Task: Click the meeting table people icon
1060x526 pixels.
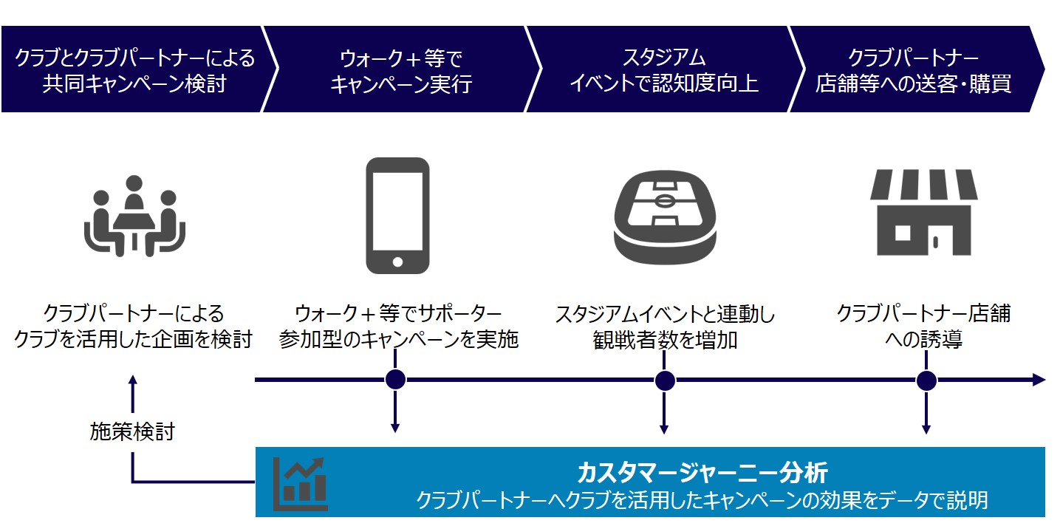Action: [134, 215]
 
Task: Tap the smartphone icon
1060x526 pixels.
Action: [397, 215]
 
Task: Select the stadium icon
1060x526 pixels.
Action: [666, 215]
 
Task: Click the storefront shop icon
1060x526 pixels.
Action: [923, 213]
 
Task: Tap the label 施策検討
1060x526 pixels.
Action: [132, 431]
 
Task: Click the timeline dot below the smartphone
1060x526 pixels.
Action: [396, 380]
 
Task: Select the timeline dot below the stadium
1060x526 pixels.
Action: [665, 380]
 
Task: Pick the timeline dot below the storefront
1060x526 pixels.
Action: [926, 380]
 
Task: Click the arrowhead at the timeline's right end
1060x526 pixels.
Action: [1039, 380]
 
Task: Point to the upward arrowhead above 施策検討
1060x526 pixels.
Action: [133, 380]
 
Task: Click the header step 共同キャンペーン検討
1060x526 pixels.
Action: [134, 83]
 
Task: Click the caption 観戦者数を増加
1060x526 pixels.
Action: [665, 341]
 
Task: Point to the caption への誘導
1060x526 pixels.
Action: [923, 341]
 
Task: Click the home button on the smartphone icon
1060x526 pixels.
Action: [397, 262]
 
